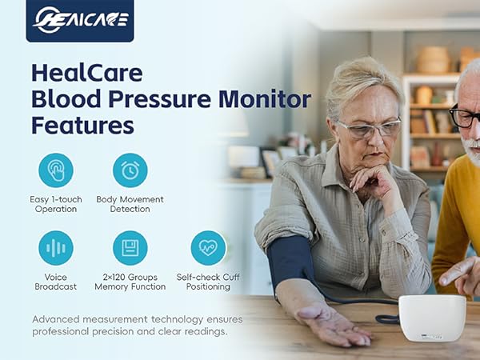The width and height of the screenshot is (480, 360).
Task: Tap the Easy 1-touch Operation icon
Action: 55,170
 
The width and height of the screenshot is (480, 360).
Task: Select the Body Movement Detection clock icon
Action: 130,170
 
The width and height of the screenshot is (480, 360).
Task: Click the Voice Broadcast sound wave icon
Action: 55,247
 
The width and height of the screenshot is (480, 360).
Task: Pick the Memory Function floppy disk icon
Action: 130,247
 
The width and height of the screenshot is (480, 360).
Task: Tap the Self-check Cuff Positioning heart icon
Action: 208,247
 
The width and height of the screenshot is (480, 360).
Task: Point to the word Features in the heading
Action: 82,126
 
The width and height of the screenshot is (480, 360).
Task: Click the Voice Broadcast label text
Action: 56,281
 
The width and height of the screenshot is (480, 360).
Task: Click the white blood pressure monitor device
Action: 431,317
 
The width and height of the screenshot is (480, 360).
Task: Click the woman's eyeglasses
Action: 367,128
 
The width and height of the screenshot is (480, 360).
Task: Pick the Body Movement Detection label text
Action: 130,204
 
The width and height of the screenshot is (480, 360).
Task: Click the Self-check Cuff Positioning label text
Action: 208,281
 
